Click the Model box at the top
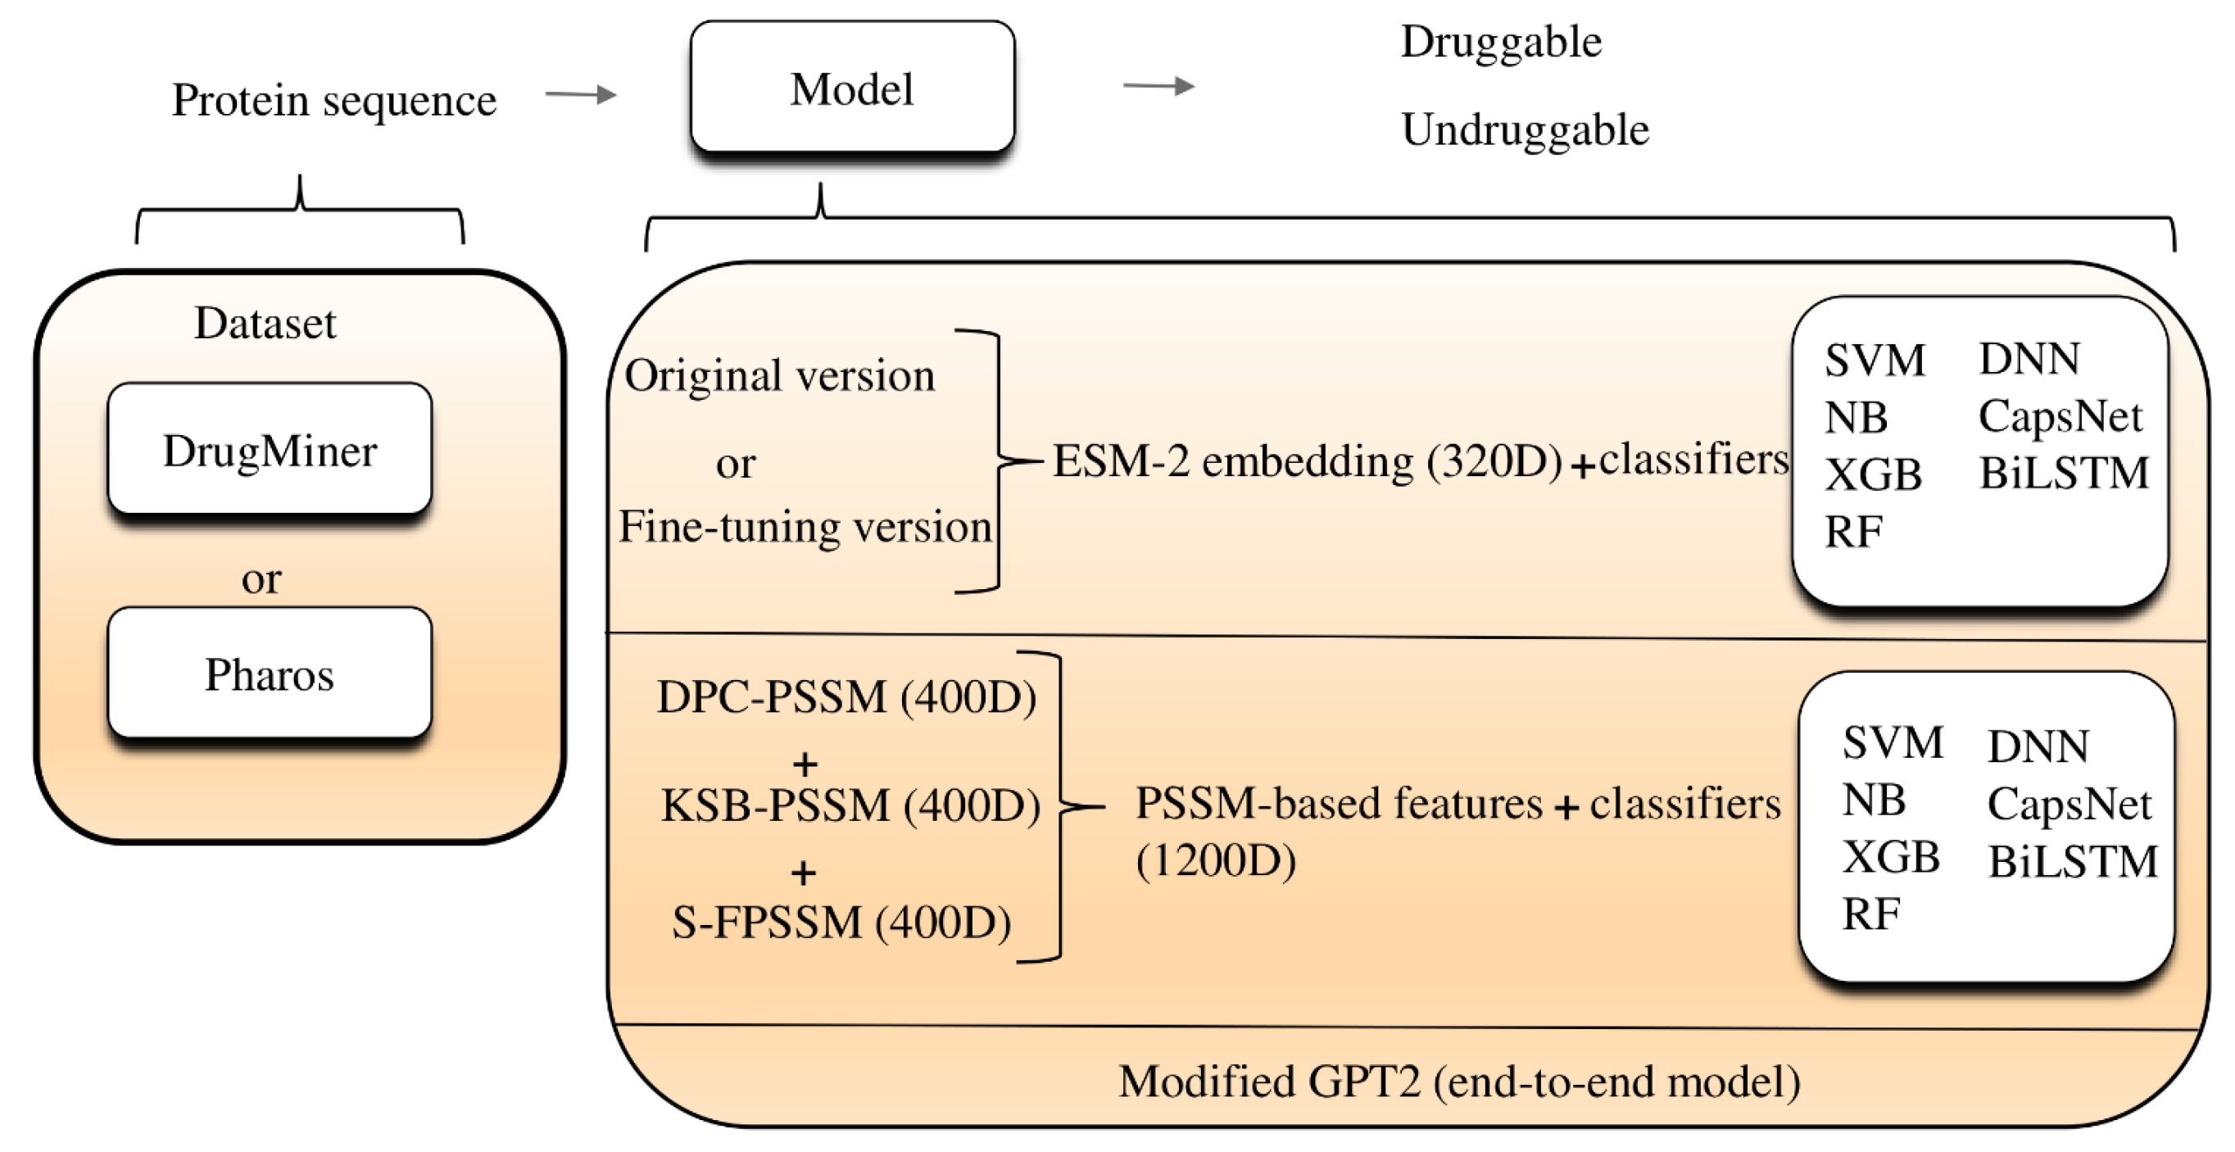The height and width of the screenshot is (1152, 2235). tap(852, 88)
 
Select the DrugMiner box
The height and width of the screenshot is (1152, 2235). tap(270, 450)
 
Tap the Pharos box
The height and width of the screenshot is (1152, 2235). tap(270, 674)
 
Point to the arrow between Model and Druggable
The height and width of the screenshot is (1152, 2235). tap(1158, 86)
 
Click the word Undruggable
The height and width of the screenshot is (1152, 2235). tap(1525, 130)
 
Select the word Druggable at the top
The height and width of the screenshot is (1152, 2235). tap(1501, 42)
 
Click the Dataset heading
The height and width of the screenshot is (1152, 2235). tap(265, 324)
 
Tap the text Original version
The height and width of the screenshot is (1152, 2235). tap(779, 375)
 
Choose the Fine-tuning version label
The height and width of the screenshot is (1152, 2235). tap(805, 527)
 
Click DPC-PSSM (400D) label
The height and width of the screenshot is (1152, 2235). tap(846, 696)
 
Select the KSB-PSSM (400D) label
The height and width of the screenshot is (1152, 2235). tap(850, 806)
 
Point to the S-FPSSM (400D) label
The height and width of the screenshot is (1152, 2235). tap(841, 922)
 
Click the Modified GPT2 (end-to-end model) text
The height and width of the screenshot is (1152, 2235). tap(1458, 1082)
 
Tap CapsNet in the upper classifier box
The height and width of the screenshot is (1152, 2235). tap(2060, 416)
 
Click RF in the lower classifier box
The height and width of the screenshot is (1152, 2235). tap(1870, 914)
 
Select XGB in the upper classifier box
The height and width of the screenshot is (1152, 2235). tap(1872, 474)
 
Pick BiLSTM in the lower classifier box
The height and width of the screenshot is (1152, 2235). tap(2072, 862)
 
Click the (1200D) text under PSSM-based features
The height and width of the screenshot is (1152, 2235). tap(1216, 861)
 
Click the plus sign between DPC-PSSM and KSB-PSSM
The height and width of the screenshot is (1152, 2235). tap(805, 764)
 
